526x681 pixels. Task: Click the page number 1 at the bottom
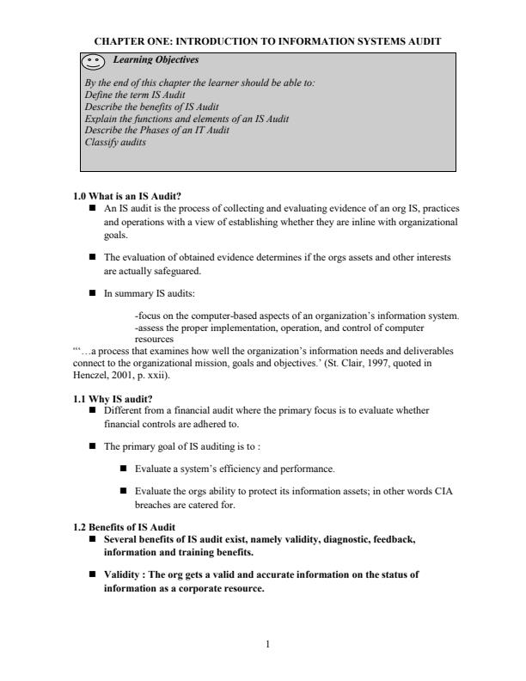click(268, 650)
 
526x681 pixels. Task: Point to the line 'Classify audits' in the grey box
click(114, 142)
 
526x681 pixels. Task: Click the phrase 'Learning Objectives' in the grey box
click(150, 60)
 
